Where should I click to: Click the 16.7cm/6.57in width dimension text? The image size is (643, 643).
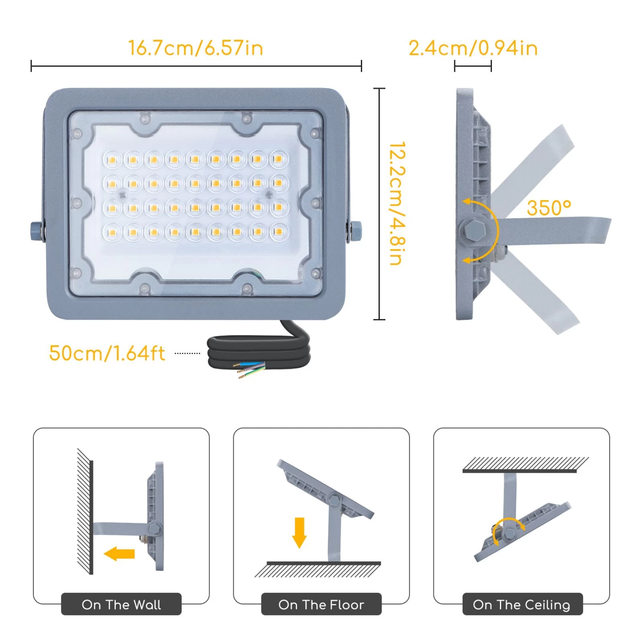click(x=195, y=48)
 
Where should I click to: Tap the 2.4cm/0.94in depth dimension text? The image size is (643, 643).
click(x=473, y=48)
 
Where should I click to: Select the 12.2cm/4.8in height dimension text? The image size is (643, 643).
click(x=397, y=204)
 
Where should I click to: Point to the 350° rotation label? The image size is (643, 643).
click(x=549, y=208)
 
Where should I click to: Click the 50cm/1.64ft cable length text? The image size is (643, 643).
click(x=107, y=353)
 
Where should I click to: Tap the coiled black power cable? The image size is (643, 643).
click(x=259, y=349)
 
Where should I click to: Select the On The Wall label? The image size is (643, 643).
click(x=121, y=604)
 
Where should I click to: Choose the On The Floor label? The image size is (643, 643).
click(x=321, y=604)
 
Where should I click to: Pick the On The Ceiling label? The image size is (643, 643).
click(x=522, y=604)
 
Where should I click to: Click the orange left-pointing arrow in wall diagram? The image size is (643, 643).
click(x=120, y=554)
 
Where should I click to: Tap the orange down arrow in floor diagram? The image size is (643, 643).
click(x=299, y=533)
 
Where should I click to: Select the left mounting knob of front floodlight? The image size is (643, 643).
click(x=37, y=231)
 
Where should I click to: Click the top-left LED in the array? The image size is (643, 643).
click(x=112, y=160)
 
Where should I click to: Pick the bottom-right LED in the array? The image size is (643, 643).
click(x=279, y=231)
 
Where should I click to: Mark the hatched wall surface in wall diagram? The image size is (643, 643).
click(x=85, y=511)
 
